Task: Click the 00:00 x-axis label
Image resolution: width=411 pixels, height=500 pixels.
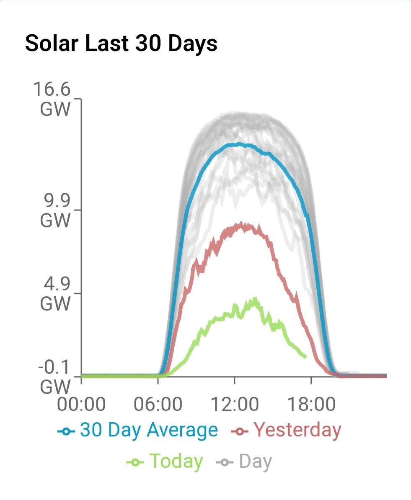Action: [82, 405]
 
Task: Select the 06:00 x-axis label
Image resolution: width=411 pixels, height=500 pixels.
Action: [158, 405]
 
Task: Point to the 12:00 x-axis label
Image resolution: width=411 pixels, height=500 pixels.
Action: [235, 405]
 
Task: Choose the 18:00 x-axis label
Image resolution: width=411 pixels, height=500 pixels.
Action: [311, 405]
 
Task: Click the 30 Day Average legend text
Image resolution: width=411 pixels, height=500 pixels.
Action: [149, 430]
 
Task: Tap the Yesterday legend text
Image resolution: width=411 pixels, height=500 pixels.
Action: [297, 430]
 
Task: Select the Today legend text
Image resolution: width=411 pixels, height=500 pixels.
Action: [176, 462]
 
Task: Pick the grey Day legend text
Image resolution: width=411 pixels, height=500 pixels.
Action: [256, 462]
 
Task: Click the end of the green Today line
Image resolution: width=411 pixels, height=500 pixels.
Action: [305, 356]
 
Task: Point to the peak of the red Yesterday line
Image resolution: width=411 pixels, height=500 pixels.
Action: [241, 224]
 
